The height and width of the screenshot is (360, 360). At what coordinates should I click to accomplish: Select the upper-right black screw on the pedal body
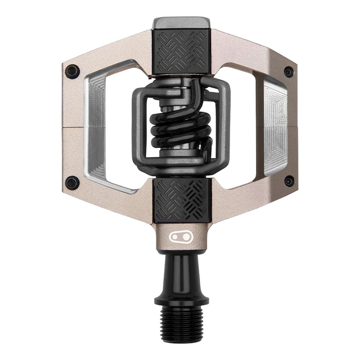coord(288,72)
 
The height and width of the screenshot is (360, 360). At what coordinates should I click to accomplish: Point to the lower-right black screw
coord(289,181)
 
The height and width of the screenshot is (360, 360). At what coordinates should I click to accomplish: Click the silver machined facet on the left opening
coord(97,126)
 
